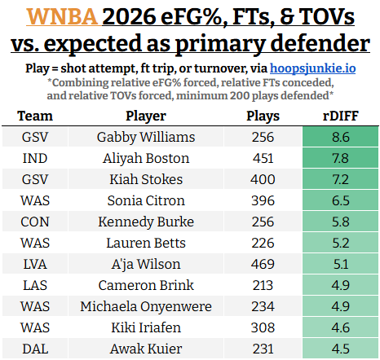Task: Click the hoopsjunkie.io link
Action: [312, 68]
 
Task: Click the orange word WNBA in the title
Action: [62, 16]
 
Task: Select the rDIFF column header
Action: [341, 116]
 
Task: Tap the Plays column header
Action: [263, 116]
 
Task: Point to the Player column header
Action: [146, 116]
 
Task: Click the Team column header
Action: [35, 116]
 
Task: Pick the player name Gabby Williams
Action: [146, 137]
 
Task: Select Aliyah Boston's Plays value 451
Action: [263, 158]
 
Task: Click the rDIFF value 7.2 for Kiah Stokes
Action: [341, 179]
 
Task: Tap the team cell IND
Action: [35, 158]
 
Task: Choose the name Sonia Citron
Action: [146, 200]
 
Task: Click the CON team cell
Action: [35, 222]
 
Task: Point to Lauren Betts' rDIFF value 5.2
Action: [341, 243]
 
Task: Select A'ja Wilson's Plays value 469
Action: [263, 264]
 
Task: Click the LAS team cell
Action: [35, 285]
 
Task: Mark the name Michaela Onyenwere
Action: [146, 306]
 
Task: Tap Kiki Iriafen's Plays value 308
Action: [263, 327]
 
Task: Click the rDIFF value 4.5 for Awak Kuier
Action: [341, 349]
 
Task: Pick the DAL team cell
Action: [35, 349]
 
